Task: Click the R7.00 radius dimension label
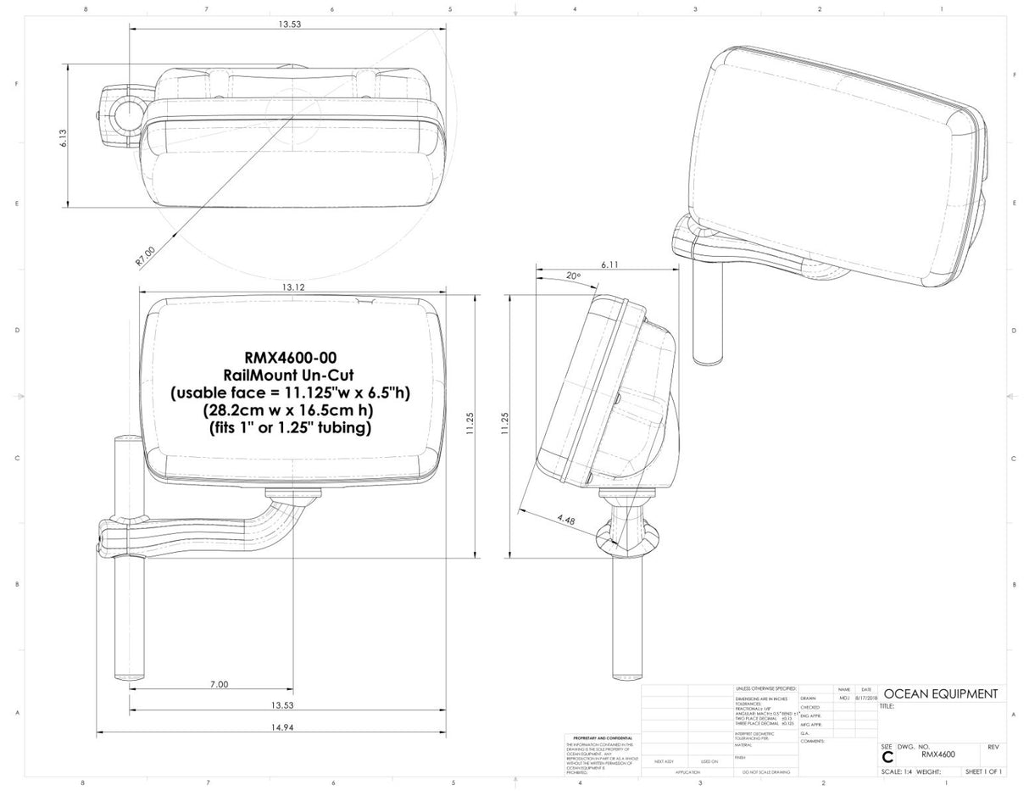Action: pyautogui.click(x=146, y=256)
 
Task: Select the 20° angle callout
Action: pyautogui.click(x=574, y=276)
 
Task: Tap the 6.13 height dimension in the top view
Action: pyautogui.click(x=64, y=138)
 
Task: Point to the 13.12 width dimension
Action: pyautogui.click(x=293, y=287)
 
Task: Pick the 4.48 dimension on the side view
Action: pyautogui.click(x=566, y=520)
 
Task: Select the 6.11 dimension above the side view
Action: pyautogui.click(x=609, y=264)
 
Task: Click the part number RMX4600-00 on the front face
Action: pyautogui.click(x=291, y=359)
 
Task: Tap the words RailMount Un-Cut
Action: pyautogui.click(x=290, y=376)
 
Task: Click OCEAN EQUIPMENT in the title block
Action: pyautogui.click(x=940, y=694)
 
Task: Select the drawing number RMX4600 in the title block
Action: pyautogui.click(x=937, y=753)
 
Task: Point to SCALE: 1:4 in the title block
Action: pyautogui.click(x=898, y=772)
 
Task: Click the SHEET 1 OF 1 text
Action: pyautogui.click(x=983, y=772)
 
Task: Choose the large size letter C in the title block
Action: pyautogui.click(x=887, y=757)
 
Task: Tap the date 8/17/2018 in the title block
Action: pyautogui.click(x=865, y=699)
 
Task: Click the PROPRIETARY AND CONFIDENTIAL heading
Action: pyautogui.click(x=602, y=738)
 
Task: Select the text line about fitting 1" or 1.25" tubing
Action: pyautogui.click(x=291, y=428)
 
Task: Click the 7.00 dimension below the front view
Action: pyautogui.click(x=218, y=684)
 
